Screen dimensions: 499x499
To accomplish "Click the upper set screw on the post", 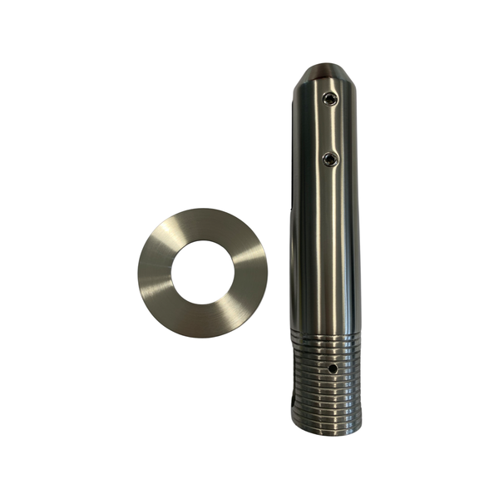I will click(x=330, y=100).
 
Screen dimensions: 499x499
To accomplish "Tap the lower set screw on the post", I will click(x=330, y=158).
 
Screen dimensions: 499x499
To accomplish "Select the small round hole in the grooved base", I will click(x=332, y=367).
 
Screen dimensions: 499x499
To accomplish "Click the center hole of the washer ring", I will click(x=202, y=272).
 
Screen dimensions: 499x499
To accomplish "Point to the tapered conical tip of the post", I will click(x=325, y=77).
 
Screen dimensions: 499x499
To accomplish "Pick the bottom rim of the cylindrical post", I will click(x=327, y=430).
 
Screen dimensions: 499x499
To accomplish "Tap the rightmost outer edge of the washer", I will click(x=266, y=272).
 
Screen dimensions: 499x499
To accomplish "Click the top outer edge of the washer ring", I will click(x=202, y=209).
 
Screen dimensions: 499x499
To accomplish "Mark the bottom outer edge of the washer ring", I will click(x=202, y=336).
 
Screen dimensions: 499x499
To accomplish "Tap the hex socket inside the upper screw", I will click(x=330, y=100).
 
